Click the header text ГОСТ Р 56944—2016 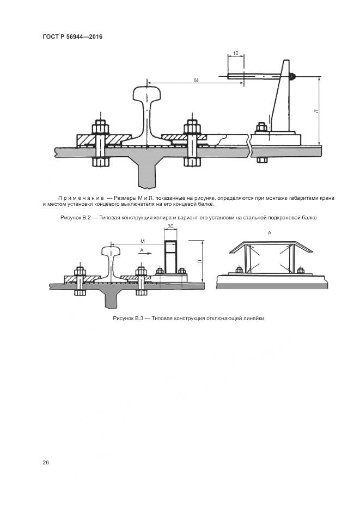[x=72, y=36]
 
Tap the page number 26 [x=46, y=462]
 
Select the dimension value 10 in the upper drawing [x=236, y=53]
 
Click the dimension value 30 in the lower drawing [x=171, y=226]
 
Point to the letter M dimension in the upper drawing [x=196, y=80]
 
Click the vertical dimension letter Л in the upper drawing [x=316, y=111]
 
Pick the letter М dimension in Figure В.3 [x=143, y=241]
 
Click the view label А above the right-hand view [x=270, y=233]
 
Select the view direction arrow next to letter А [x=144, y=253]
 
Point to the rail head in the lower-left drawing [x=111, y=252]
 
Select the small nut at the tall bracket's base [x=261, y=127]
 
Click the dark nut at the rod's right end [x=292, y=77]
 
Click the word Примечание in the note [x=81, y=198]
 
